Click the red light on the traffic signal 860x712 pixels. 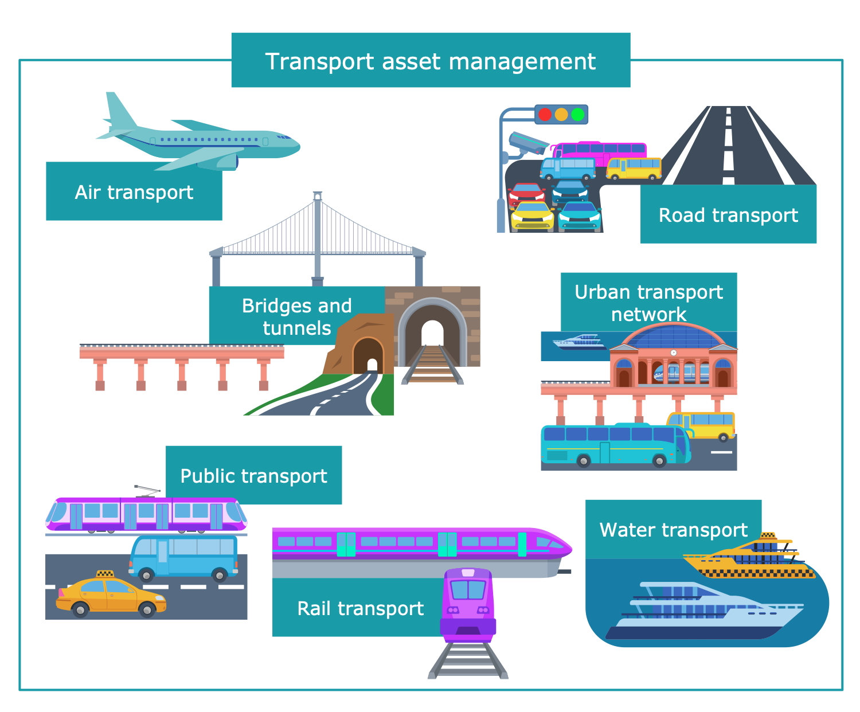point(545,114)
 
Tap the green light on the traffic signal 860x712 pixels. point(578,114)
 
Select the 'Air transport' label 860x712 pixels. point(134,192)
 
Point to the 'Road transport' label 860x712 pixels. point(728,215)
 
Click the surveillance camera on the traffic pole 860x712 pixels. point(528,143)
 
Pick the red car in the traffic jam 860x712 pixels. point(526,194)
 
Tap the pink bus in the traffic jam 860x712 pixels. point(600,150)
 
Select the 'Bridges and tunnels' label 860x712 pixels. point(296,316)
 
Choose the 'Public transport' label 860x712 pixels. point(253,476)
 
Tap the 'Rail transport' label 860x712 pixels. point(360,608)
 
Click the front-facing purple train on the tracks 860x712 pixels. point(468,602)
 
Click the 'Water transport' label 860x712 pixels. point(673,530)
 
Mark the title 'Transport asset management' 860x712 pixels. point(431,61)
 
